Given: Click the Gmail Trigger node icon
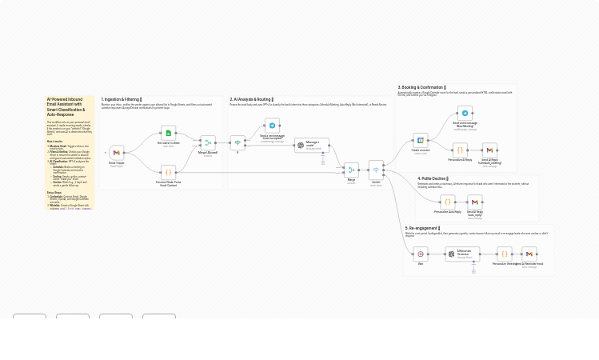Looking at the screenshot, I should tap(116, 153).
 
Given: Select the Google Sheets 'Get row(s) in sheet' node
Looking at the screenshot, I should tap(168, 133).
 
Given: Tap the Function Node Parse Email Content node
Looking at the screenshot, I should tap(168, 172).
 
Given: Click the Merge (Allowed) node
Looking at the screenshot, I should tap(208, 143).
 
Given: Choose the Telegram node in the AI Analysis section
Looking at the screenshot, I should tap(272, 126).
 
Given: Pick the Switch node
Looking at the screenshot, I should tap(376, 170).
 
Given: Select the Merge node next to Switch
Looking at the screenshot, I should tap(351, 170).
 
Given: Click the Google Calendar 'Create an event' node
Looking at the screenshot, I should tap(420, 141).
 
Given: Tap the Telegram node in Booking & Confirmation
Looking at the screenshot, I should tap(465, 113).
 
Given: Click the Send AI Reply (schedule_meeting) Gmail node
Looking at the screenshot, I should tap(489, 150).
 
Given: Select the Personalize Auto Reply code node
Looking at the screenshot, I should tap(447, 202).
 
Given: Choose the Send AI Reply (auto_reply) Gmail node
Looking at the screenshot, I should tap(474, 202).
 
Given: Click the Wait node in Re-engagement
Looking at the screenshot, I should tap(420, 254).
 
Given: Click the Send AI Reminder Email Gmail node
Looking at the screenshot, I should tap(529, 254).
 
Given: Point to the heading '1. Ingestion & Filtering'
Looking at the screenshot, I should tap(121, 100).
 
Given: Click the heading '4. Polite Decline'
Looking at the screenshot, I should tap(433, 179).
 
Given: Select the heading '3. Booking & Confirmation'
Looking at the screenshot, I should tap(421, 87).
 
